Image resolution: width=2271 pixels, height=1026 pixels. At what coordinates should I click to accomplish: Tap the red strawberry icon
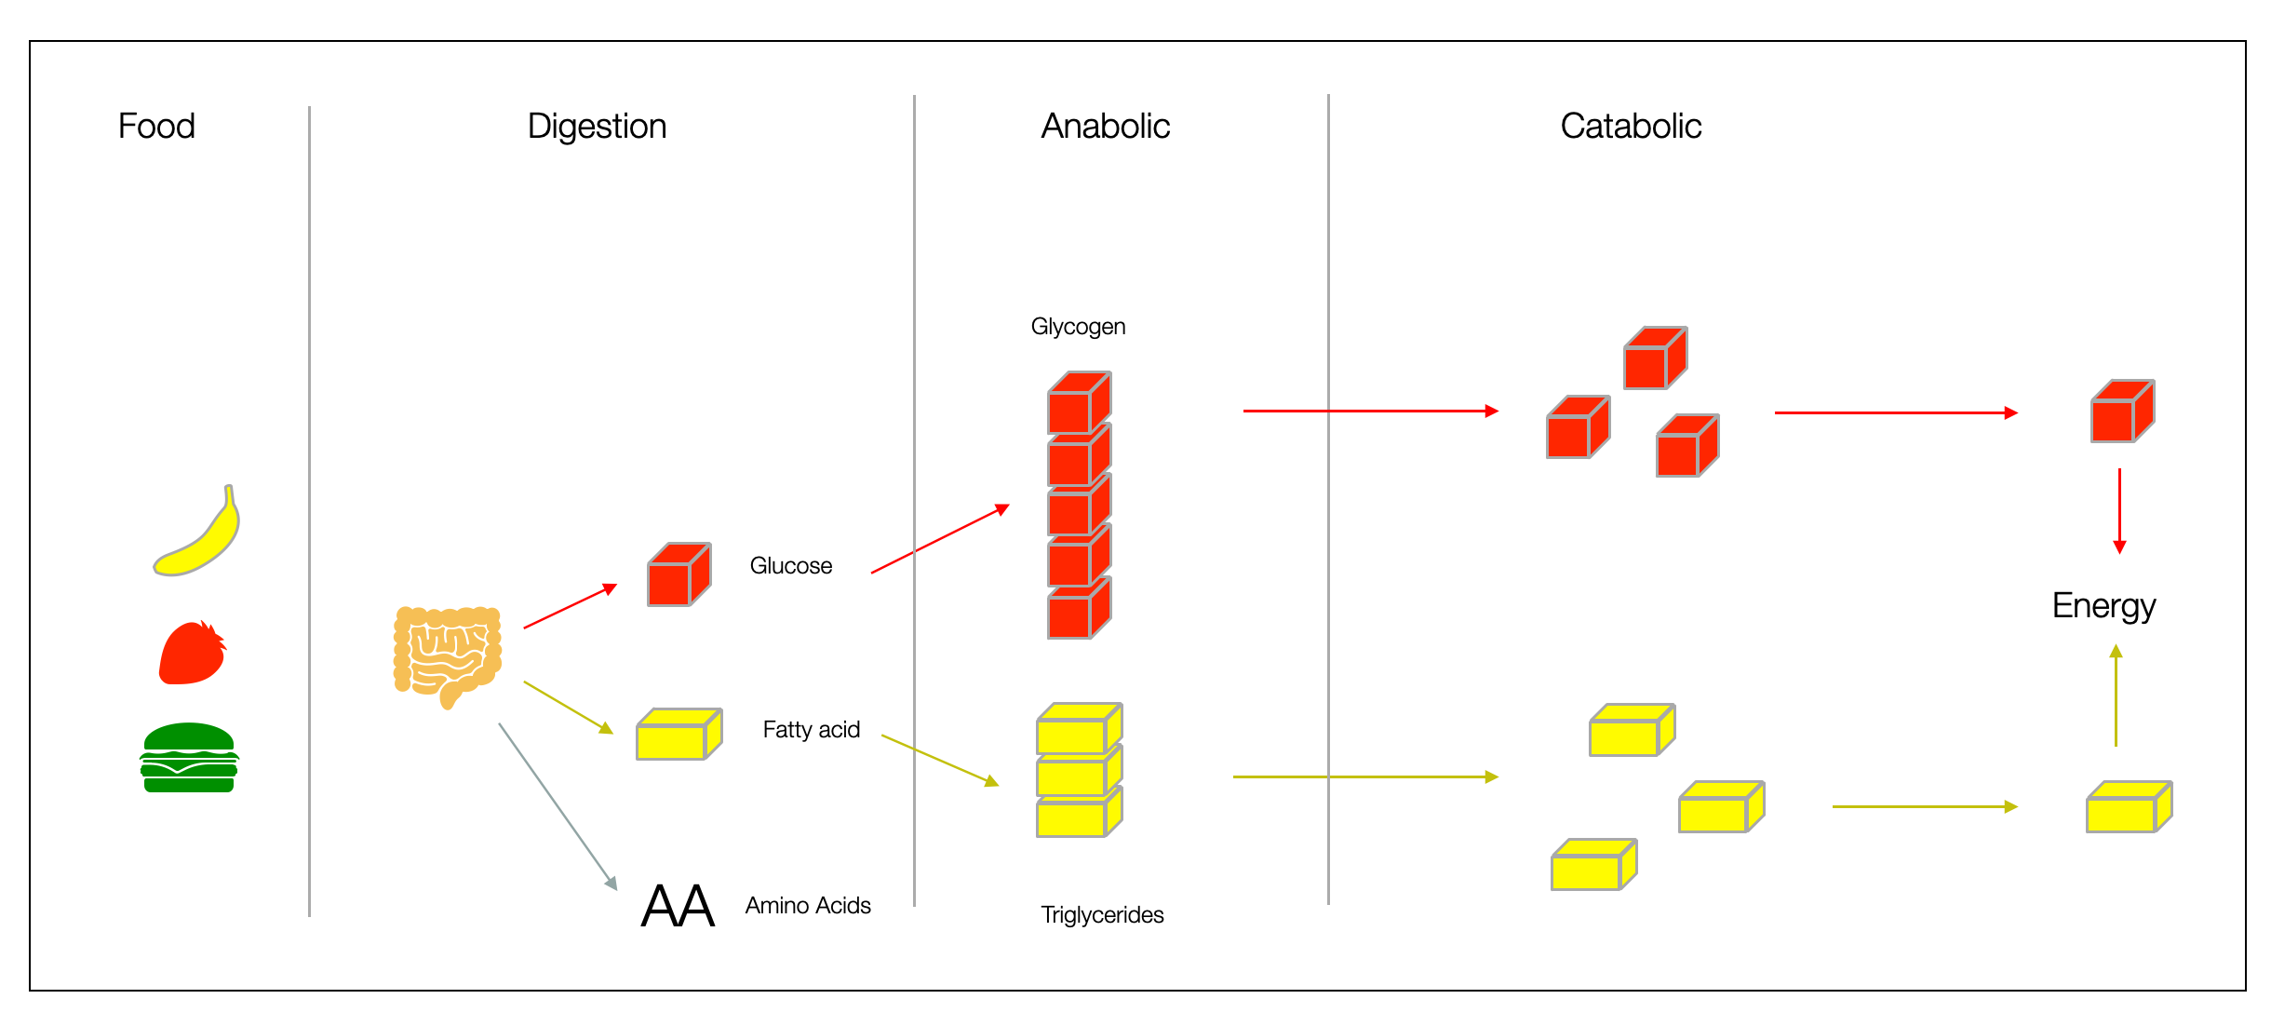(192, 654)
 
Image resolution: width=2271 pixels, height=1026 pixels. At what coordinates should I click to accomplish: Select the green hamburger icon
(189, 758)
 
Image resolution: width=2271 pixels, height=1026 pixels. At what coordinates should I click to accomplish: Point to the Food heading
(156, 126)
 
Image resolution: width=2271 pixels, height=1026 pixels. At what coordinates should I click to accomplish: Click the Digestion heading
(597, 126)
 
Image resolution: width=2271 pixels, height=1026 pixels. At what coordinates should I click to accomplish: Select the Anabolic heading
(1105, 126)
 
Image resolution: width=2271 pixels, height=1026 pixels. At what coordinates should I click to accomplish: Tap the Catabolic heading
(1631, 126)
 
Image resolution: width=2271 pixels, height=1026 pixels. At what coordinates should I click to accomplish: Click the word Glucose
(790, 566)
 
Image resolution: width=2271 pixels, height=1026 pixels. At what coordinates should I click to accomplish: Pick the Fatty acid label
(811, 730)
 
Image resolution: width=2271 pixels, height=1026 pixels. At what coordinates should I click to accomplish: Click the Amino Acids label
(808, 906)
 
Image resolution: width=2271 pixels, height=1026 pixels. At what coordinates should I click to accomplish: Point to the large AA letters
(678, 906)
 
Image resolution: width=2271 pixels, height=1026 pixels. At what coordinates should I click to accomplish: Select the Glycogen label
(1078, 327)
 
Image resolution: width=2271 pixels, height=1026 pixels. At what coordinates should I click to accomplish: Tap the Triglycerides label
(1102, 915)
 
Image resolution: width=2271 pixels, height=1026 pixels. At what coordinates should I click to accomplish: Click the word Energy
(2103, 606)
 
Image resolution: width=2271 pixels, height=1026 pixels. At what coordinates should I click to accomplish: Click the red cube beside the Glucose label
(679, 575)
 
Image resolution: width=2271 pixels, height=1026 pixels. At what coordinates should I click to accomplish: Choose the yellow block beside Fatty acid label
(679, 735)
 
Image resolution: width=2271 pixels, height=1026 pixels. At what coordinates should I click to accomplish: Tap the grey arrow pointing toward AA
(558, 806)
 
